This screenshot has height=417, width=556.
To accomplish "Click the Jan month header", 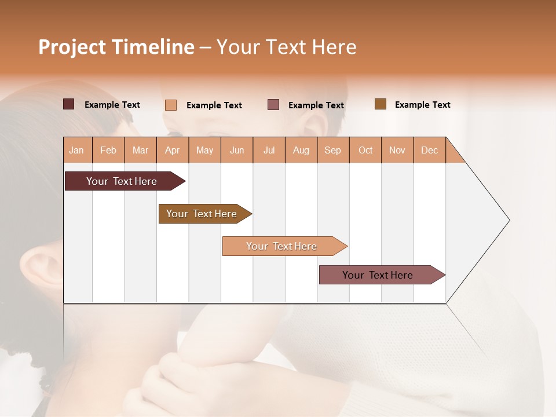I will (77, 150).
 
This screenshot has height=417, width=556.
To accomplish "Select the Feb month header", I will (108, 150).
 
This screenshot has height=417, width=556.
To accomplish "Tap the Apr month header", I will (173, 150).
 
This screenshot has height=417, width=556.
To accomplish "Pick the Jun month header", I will (237, 150).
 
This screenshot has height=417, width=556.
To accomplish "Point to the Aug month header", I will (301, 150).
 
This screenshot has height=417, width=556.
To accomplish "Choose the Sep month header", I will (333, 150).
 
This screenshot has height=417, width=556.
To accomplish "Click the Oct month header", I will (365, 150).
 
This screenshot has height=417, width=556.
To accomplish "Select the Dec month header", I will (430, 150).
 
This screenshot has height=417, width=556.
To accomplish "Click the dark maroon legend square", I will (68, 104).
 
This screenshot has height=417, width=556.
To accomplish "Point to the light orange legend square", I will (171, 105).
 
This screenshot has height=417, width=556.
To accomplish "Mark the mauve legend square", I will (273, 105).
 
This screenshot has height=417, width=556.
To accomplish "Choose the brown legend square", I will (381, 104).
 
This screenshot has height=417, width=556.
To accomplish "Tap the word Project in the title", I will (72, 47).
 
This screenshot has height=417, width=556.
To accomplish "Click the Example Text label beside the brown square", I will (423, 105).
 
